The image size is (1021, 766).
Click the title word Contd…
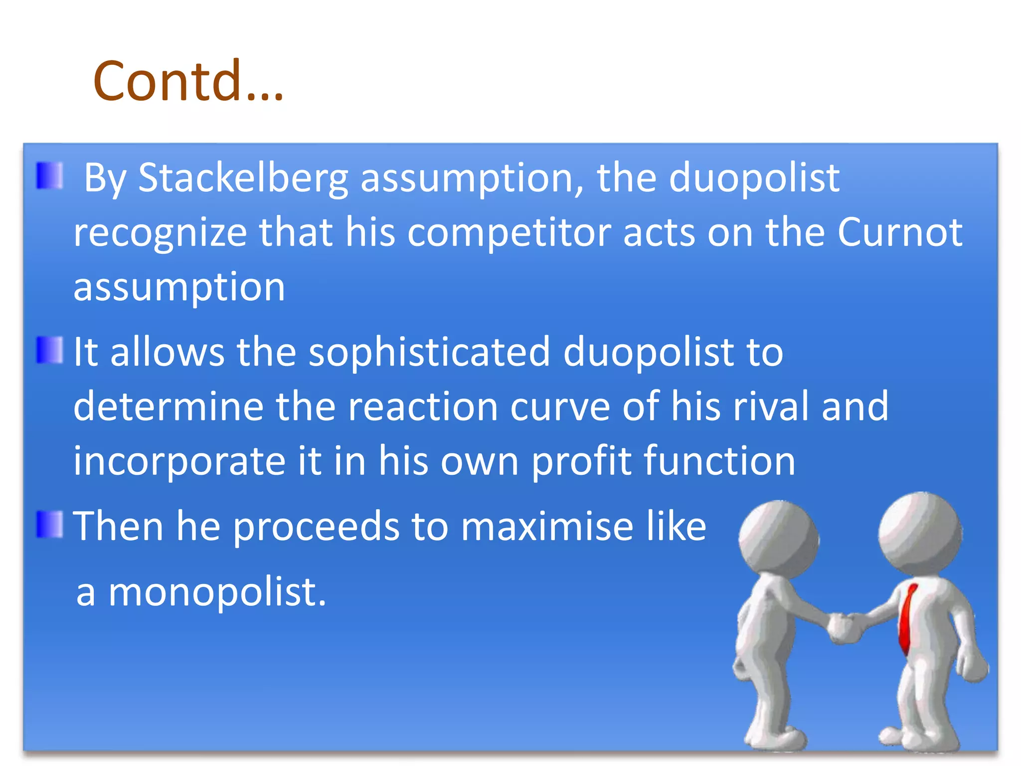coord(188,81)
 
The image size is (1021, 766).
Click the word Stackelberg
coord(243,178)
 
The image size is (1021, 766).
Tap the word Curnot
coord(899,232)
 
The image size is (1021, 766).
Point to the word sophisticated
coord(429,353)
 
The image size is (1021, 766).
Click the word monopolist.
coord(217,592)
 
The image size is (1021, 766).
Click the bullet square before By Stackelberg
coord(50,176)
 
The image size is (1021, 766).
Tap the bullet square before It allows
coord(50,350)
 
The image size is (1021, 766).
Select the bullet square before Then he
coord(50,525)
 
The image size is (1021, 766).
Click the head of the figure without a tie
coord(778,539)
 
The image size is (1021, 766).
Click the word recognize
coord(160,233)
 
